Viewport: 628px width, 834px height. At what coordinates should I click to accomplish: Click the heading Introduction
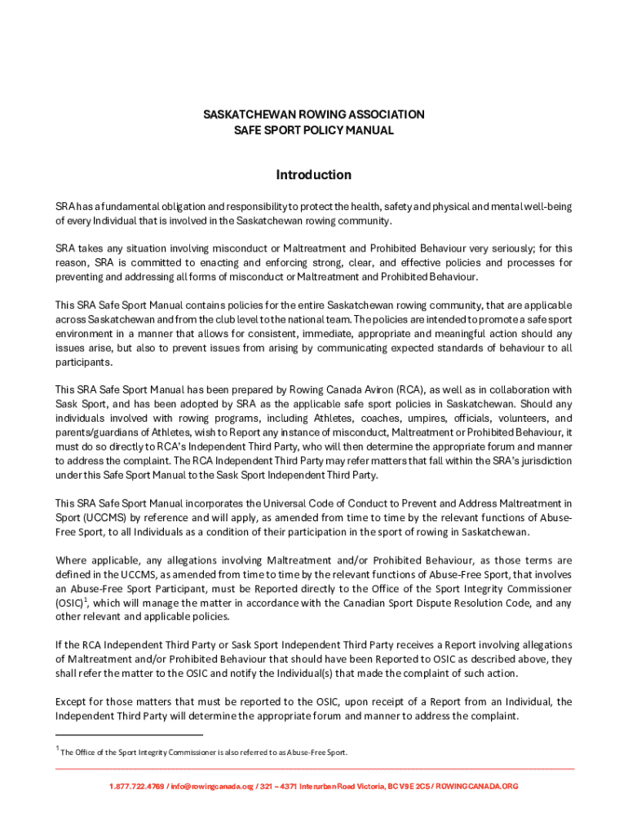point(313,175)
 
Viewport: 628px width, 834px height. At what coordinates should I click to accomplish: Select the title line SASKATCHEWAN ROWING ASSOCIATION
point(313,115)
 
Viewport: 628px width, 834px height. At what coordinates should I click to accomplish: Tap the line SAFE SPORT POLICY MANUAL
point(313,130)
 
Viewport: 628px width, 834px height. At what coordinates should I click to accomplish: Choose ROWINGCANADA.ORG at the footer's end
point(477,787)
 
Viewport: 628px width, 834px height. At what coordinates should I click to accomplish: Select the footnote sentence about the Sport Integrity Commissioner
point(204,753)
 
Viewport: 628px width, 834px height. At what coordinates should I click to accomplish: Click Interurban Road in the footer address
point(333,787)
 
